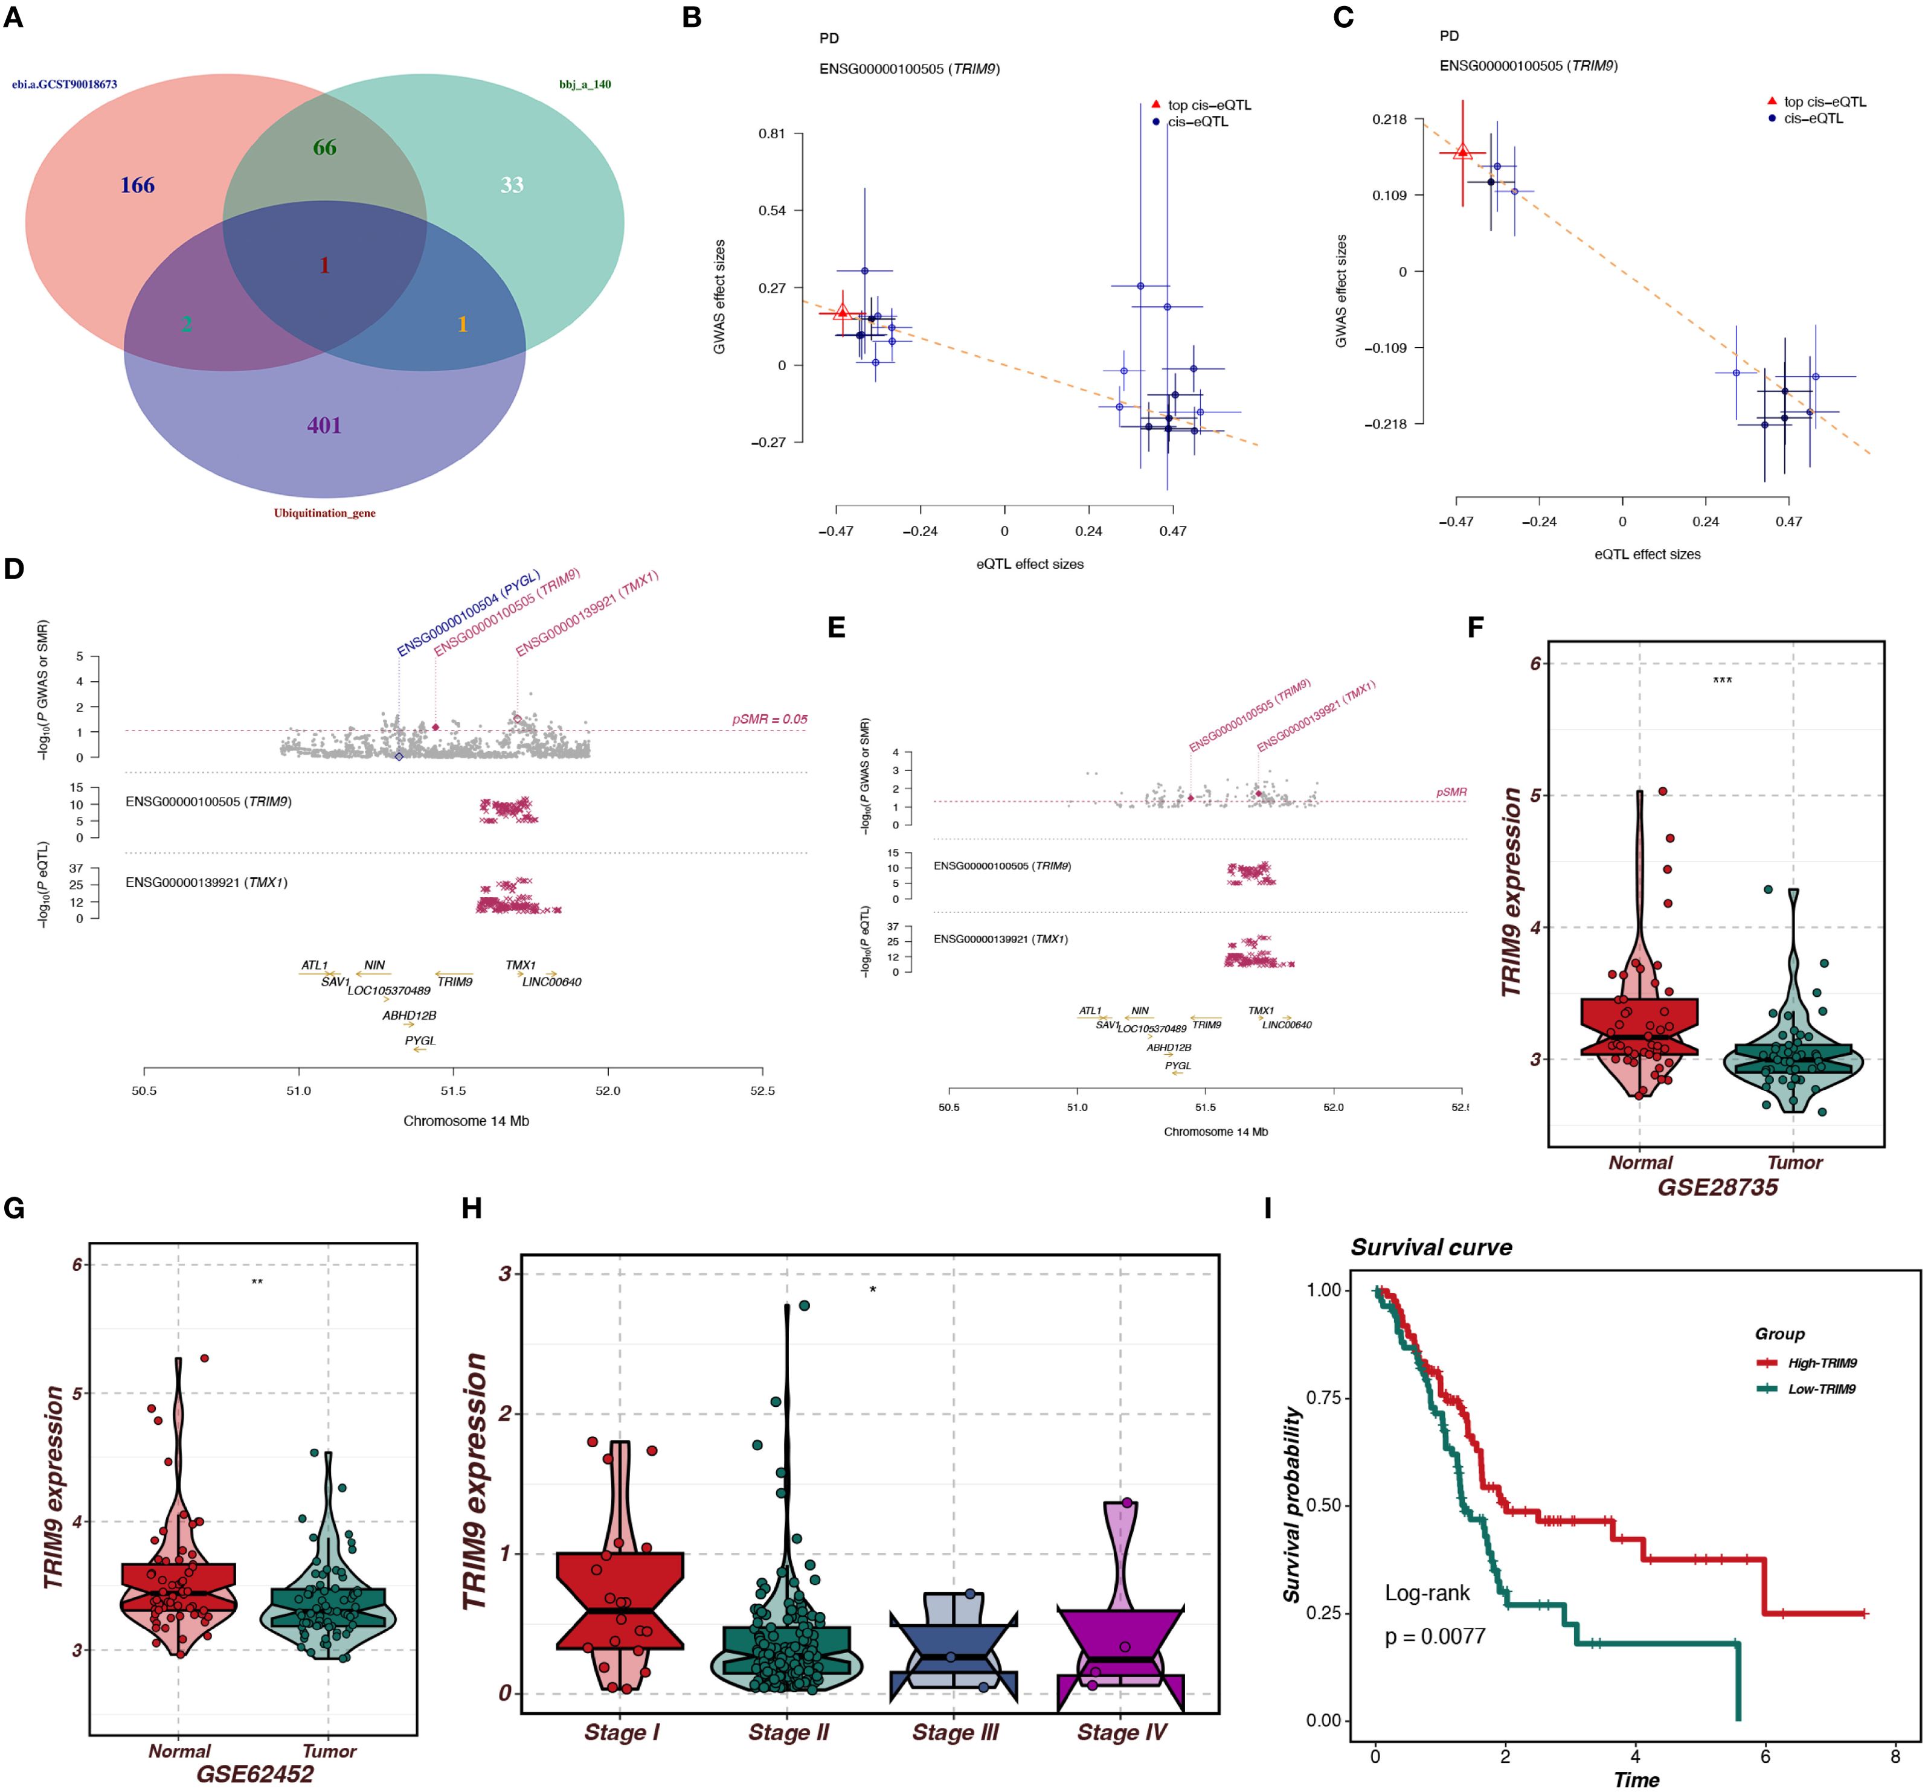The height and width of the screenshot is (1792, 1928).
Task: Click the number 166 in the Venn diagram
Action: (137, 185)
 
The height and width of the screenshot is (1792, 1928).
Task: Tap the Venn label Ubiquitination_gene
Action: (324, 513)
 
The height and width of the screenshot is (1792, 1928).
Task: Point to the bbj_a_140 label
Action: (585, 85)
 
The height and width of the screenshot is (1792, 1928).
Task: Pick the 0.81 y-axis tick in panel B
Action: (772, 134)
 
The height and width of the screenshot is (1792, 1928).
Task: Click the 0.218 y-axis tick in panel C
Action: (1389, 120)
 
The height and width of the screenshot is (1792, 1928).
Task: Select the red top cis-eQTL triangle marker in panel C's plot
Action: (1462, 152)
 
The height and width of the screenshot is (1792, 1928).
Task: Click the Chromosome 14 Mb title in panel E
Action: (1215, 1131)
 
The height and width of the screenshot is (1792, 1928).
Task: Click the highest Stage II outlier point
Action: (804, 1305)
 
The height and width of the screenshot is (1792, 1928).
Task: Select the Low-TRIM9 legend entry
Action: (1821, 1389)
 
